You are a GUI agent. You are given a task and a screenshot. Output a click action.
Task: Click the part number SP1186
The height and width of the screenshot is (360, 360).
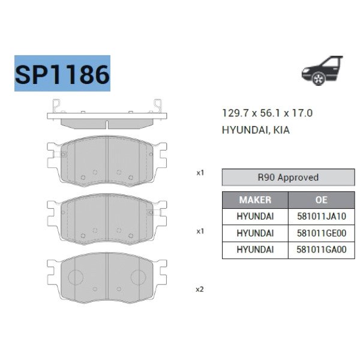click(62, 74)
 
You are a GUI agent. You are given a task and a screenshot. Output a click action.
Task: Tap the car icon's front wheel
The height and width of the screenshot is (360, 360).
click(319, 79)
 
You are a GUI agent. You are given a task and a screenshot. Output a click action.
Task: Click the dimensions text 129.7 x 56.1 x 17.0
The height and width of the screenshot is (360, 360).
click(267, 113)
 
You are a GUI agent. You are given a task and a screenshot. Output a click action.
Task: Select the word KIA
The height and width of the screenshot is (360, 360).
click(282, 130)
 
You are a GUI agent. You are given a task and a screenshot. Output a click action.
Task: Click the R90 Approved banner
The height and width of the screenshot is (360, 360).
click(288, 177)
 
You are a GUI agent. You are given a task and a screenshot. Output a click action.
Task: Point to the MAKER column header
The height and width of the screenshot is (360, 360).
click(255, 200)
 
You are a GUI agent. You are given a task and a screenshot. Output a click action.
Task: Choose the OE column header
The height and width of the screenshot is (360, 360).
click(321, 200)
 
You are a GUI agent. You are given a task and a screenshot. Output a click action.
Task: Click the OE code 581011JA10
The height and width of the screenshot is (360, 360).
click(322, 216)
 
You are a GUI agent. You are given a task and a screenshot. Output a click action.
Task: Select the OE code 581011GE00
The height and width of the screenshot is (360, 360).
click(322, 233)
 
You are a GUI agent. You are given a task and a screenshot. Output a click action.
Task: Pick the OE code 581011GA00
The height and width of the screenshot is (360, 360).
click(322, 250)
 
